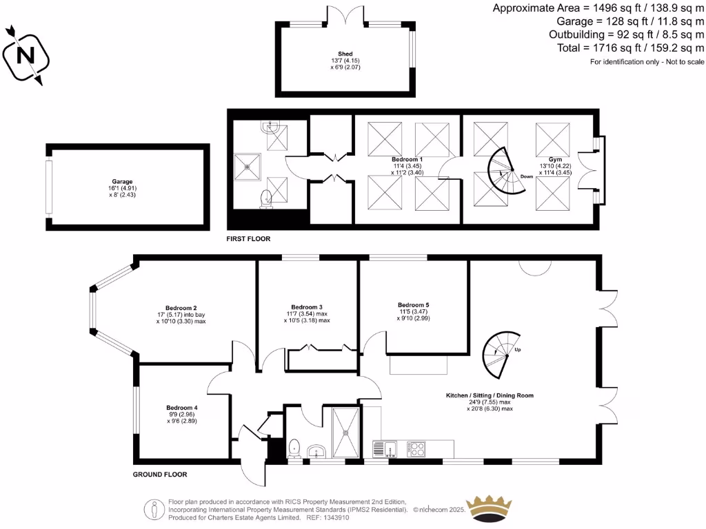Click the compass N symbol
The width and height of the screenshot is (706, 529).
pos(26,56)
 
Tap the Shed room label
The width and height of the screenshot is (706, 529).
pos(345,54)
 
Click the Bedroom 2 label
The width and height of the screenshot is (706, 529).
pos(181,308)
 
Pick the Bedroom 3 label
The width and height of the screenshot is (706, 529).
pos(307,307)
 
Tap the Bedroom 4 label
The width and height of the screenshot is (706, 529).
pos(181,408)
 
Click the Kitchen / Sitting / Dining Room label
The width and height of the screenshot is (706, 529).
pos(490,395)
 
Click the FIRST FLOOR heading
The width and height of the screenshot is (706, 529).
pos(249,239)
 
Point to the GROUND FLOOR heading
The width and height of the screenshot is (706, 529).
pos(159,475)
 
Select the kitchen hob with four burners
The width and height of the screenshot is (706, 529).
pos(416,449)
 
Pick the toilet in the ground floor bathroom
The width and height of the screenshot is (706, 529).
pos(294,447)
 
